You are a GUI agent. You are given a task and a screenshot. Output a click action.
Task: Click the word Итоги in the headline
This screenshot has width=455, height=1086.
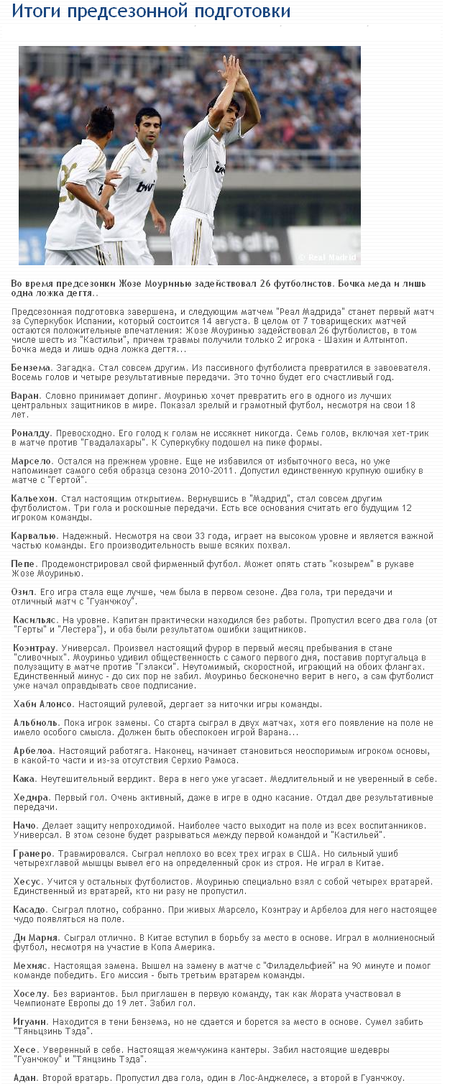coord(37,11)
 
